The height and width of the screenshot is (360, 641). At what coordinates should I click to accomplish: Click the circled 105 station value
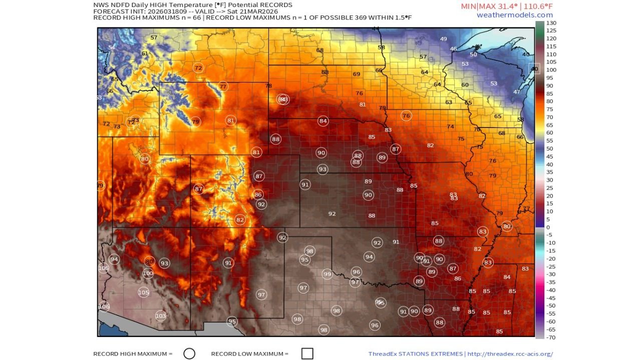pyautogui.click(x=144, y=292)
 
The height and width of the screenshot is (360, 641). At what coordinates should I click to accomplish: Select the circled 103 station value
pyautogui.click(x=160, y=316)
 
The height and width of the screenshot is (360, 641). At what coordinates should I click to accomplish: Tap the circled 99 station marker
pyautogui.click(x=327, y=274)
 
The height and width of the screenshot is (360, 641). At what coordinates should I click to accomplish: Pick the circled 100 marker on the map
pyautogui.click(x=148, y=273)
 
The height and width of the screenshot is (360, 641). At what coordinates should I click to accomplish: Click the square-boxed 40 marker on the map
pyautogui.click(x=534, y=69)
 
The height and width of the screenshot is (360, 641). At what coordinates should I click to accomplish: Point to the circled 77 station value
pyautogui.click(x=223, y=86)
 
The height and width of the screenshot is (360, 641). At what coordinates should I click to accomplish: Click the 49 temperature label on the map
pyautogui.click(x=443, y=39)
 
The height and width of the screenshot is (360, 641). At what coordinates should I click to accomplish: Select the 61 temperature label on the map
pyautogui.click(x=145, y=53)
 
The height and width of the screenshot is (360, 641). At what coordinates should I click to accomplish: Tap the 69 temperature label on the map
pyautogui.click(x=357, y=74)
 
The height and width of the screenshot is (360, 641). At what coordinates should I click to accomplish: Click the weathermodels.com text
pyautogui.click(x=514, y=15)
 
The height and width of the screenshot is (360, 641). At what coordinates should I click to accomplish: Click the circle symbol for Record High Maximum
pyautogui.click(x=189, y=353)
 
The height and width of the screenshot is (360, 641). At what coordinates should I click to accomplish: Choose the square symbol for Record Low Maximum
pyautogui.click(x=307, y=353)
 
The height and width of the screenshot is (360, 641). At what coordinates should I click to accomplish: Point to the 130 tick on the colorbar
pyautogui.click(x=551, y=23)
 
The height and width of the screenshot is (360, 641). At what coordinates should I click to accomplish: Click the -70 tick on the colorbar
pyautogui.click(x=551, y=337)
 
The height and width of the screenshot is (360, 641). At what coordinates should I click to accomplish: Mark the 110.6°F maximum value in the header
pyautogui.click(x=535, y=6)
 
